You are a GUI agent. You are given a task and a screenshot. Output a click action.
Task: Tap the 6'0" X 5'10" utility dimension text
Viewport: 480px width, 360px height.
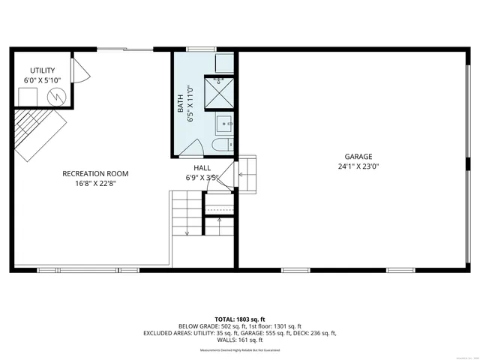point(42,79)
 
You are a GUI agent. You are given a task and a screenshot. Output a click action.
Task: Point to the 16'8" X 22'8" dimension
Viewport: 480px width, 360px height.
point(95,183)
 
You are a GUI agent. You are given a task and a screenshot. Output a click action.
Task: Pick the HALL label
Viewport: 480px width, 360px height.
point(202,168)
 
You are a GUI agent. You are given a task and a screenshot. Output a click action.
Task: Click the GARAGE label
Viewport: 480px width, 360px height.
point(358,157)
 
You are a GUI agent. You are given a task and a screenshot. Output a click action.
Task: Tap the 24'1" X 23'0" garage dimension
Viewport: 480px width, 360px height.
point(358,166)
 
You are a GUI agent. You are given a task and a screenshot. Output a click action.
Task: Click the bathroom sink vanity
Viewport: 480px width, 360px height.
point(224,123)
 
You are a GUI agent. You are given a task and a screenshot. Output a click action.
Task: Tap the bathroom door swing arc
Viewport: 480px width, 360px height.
point(191,147)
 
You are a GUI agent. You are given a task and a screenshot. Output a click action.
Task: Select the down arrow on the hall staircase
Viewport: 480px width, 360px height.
point(187,232)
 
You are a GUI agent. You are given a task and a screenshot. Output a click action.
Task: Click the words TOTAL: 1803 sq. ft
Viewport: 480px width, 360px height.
point(240,319)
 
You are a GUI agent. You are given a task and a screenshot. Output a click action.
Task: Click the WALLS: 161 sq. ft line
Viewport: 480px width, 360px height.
point(240,340)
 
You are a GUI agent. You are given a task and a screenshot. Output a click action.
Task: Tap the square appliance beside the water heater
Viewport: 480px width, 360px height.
point(27,97)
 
